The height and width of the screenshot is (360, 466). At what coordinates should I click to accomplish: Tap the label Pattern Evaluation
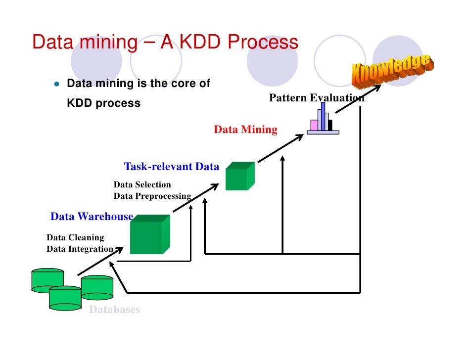pos(317,98)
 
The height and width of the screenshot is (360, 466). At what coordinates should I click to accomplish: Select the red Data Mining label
pos(245,130)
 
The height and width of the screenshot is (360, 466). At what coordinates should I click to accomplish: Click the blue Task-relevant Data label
pos(171,167)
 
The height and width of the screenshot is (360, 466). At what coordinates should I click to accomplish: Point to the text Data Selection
pos(142,185)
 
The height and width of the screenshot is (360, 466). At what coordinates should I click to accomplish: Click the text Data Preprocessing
pos(152,196)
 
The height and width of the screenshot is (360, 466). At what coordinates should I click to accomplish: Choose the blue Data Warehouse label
pos(92,217)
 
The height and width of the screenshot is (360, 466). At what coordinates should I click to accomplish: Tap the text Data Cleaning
pos(75,238)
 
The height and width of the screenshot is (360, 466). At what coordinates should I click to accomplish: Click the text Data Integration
pos(80,249)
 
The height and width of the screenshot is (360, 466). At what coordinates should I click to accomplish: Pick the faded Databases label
pos(114,310)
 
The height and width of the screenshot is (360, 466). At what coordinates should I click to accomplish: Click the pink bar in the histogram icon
pos(314,125)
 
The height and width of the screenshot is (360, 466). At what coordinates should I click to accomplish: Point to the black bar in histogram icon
pos(330,125)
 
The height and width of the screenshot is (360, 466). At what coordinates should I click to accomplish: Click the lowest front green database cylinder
pos(65,299)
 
